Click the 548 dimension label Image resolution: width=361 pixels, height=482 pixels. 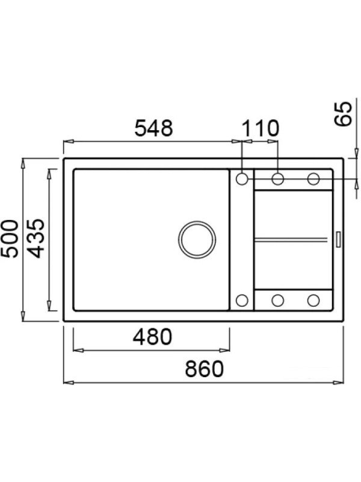(154, 128)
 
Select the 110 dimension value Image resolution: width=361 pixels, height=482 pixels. (261, 128)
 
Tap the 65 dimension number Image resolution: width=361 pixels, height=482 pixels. (342, 113)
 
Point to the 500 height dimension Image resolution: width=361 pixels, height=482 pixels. (10, 239)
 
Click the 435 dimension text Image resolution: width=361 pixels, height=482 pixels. (35, 239)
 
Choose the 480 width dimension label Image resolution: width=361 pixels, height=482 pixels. (153, 337)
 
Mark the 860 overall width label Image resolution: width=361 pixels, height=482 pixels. (205, 369)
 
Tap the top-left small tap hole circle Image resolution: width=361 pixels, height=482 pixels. (242, 179)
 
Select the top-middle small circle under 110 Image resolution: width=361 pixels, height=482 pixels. (278, 179)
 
